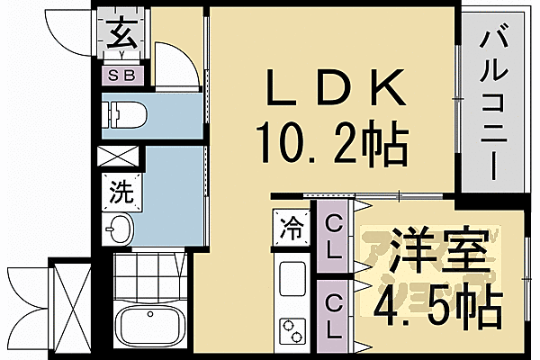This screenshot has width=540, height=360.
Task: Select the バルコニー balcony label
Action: tap(491, 103)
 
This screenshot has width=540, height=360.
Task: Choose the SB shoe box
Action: tap(121, 76)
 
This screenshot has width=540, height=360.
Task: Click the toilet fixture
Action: tap(121, 113)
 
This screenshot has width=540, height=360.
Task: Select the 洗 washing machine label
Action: tap(120, 191)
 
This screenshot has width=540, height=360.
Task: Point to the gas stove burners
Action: tap(293, 328)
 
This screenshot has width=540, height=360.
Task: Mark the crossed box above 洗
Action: tap(120, 157)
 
